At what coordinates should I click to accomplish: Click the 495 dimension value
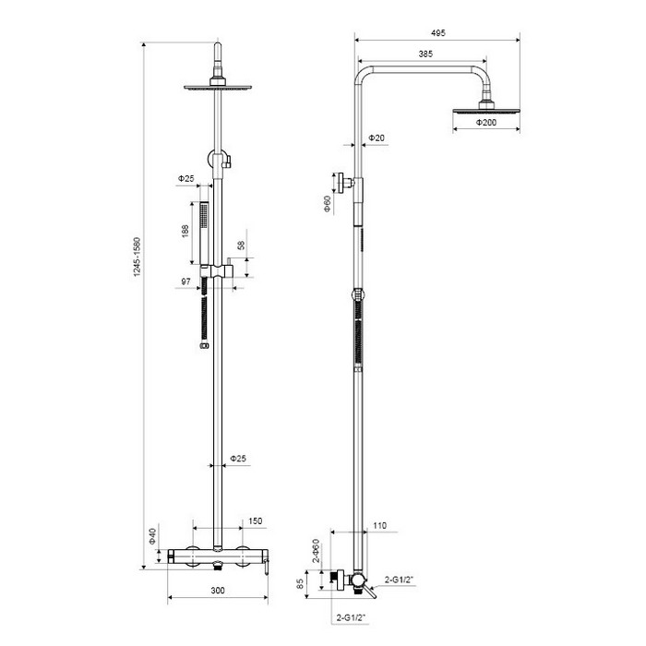(x=437, y=33)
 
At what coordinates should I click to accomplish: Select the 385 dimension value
(x=425, y=54)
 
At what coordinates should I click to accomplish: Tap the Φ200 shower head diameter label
(x=486, y=123)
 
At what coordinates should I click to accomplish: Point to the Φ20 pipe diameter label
(x=377, y=138)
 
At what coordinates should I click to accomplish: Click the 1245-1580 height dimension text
(x=138, y=257)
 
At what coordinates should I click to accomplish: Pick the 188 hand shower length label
(x=185, y=231)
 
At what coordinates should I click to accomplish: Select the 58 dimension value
(x=241, y=245)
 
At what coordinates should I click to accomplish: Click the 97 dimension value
(x=185, y=281)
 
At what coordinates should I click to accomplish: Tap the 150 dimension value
(x=255, y=521)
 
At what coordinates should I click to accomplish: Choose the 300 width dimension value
(x=218, y=591)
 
